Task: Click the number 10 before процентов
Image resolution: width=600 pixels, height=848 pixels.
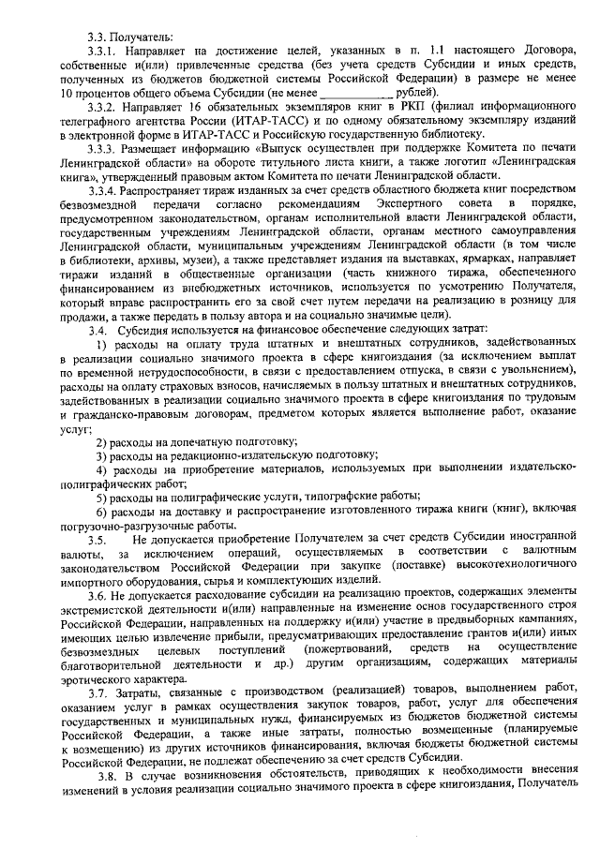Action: tap(65, 95)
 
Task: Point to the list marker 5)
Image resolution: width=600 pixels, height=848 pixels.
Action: tap(103, 496)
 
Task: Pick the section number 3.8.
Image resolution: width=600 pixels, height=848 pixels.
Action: tap(112, 772)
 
